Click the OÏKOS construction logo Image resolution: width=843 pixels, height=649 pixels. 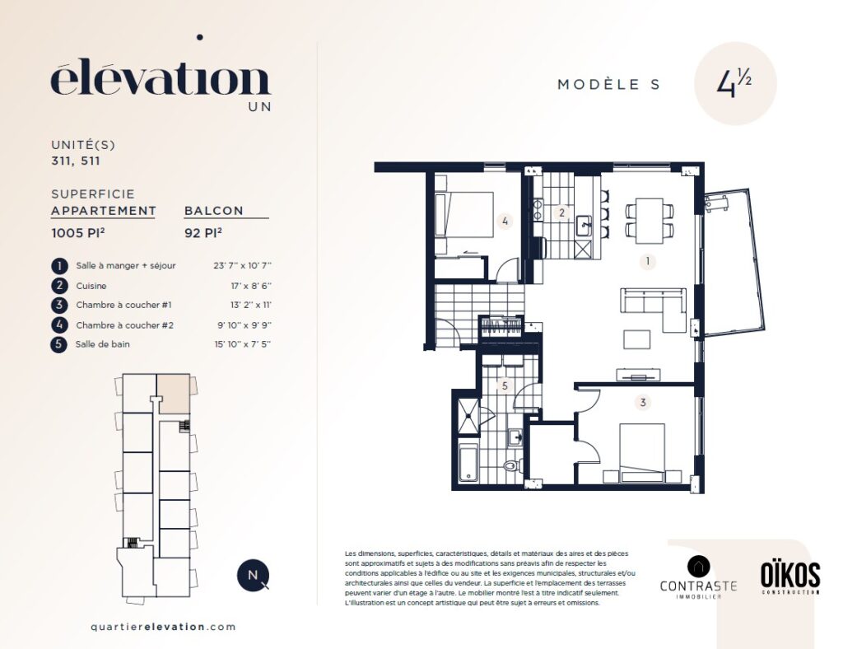[790, 578]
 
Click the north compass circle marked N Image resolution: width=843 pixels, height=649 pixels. [253, 576]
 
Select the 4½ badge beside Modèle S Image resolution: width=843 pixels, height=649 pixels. [735, 83]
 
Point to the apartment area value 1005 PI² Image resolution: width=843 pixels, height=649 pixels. [78, 233]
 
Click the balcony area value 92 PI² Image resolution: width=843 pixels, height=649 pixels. [203, 233]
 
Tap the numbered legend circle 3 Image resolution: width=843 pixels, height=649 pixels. [59, 305]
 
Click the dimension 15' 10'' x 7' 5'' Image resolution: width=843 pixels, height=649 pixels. [243, 344]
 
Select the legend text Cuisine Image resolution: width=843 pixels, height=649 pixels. [91, 286]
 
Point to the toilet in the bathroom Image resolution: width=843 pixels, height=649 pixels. [514, 465]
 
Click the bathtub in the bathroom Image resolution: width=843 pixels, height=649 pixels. [468, 461]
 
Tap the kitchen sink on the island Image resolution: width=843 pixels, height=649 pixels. [585, 226]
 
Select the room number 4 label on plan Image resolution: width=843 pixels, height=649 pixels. [505, 221]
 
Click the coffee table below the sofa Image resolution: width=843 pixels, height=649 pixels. [637, 340]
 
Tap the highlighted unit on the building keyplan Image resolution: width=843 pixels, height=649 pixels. [173, 394]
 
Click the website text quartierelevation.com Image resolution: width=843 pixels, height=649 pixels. [164, 627]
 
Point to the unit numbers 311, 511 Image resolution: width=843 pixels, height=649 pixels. [76, 161]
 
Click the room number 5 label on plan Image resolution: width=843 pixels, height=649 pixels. [505, 385]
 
